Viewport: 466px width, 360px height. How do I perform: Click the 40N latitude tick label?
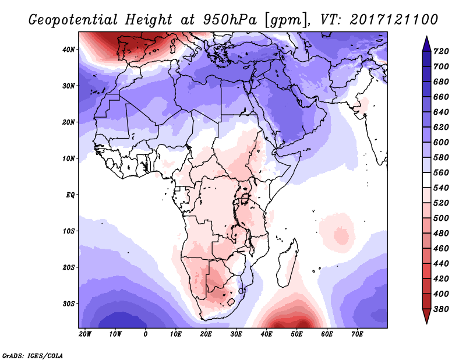click(x=68, y=49)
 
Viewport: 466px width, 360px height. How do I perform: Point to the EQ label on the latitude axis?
click(x=69, y=195)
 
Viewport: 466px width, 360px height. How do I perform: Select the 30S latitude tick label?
click(x=68, y=303)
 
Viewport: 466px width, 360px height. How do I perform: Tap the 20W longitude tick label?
click(x=84, y=334)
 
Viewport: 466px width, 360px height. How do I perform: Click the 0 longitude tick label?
click(x=146, y=334)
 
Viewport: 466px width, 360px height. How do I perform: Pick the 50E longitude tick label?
click(x=297, y=334)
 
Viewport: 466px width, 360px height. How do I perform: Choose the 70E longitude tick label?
click(x=358, y=334)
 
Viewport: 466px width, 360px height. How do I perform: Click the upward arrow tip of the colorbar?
click(x=426, y=38)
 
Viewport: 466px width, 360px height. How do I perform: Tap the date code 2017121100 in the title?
click(x=394, y=20)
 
